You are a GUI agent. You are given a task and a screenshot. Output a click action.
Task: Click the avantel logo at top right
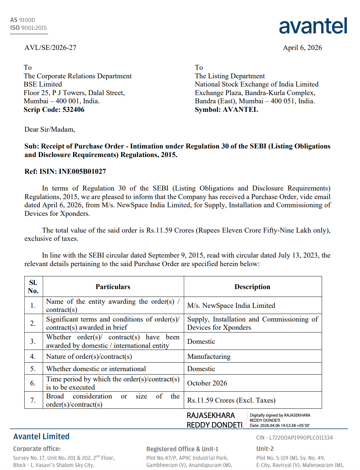pos(313,26)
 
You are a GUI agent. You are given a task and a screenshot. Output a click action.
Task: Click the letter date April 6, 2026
pos(302,48)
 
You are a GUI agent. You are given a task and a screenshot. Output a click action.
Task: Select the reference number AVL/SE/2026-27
pos(50,48)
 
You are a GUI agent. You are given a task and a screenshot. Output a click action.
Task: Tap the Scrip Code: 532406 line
pos(54,109)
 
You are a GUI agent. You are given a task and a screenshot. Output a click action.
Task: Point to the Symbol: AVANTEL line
pos(226,109)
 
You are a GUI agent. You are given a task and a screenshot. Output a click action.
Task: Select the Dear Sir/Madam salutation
pos(50,129)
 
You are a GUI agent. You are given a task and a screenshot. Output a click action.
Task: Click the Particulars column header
pos(113,287)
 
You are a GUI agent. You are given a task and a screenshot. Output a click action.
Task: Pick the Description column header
pos(252,287)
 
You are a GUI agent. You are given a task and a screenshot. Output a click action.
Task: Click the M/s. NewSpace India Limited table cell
pos(231,305)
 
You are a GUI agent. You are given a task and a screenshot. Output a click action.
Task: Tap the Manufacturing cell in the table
pos(209,356)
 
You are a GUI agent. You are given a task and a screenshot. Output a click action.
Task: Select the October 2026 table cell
pos(207,383)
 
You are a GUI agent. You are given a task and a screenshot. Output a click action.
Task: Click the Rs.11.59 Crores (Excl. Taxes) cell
pos(231,400)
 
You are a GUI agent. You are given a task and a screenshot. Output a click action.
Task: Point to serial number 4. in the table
pos(33,356)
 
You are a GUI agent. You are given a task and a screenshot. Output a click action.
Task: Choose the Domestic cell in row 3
pos(201,341)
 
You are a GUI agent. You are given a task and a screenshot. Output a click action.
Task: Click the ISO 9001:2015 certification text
pos(28,28)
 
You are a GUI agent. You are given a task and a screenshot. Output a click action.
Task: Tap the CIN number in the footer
pos(294,438)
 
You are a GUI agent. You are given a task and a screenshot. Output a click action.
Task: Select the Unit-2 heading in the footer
pos(265,449)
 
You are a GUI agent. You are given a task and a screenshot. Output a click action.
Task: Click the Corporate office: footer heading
pos(37,449)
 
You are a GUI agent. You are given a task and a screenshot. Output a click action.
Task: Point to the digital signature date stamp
pos(280,426)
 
